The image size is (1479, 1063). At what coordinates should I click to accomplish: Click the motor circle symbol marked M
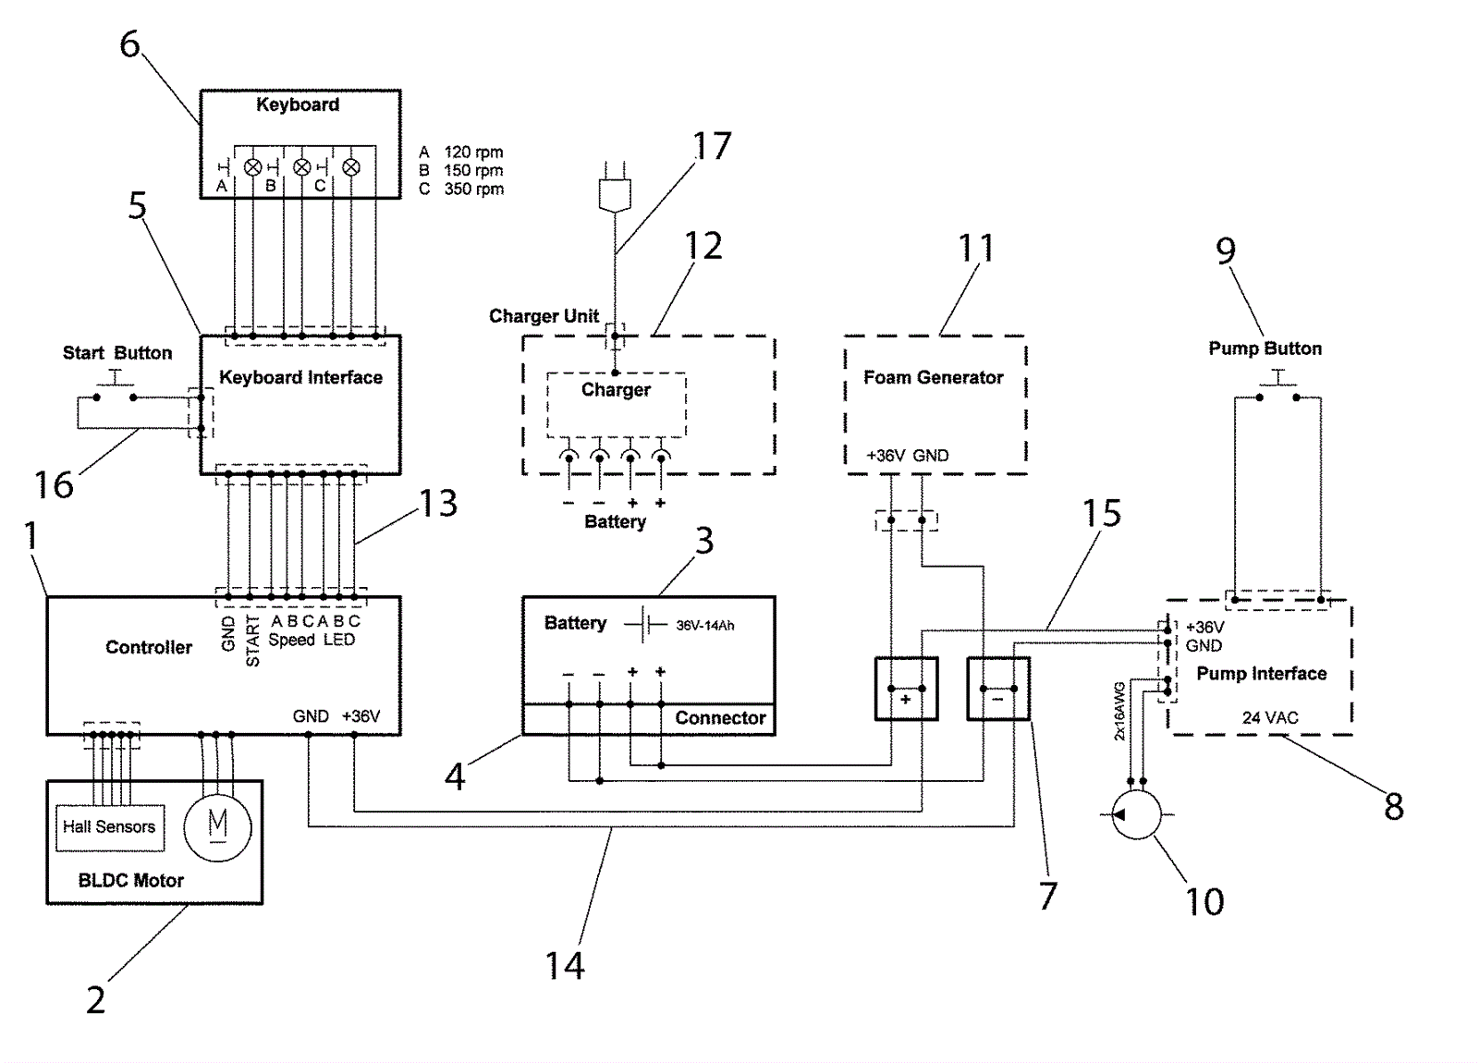pyautogui.click(x=217, y=825)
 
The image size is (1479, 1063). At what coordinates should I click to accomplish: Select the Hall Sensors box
pyautogui.click(x=109, y=827)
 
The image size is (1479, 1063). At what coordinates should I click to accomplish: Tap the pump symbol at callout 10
pyautogui.click(x=1136, y=814)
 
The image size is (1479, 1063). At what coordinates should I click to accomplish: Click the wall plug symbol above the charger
pyautogui.click(x=615, y=191)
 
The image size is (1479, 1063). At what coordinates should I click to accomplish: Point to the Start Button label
pyautogui.click(x=117, y=353)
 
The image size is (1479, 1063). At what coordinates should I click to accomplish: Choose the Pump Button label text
pyautogui.click(x=1265, y=348)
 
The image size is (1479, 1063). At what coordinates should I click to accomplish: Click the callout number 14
pyautogui.click(x=565, y=966)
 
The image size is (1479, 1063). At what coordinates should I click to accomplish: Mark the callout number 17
pyautogui.click(x=712, y=146)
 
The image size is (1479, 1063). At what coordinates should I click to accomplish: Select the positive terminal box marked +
pyautogui.click(x=906, y=690)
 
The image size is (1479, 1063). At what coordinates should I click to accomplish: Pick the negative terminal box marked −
pyautogui.click(x=998, y=690)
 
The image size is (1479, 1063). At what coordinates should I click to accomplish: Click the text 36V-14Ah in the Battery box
pyautogui.click(x=704, y=626)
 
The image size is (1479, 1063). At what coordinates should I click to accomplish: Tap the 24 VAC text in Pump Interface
pyautogui.click(x=1270, y=717)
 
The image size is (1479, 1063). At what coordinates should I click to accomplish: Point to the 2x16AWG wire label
pyautogui.click(x=1119, y=711)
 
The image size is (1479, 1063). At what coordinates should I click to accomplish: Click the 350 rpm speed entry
pyautogui.click(x=473, y=189)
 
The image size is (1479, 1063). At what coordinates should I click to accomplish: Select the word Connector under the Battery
pyautogui.click(x=720, y=718)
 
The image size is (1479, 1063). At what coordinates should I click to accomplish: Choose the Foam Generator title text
pyautogui.click(x=933, y=377)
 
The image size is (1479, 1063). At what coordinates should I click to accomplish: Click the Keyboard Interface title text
pyautogui.click(x=300, y=377)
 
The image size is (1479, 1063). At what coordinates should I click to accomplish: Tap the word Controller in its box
pyautogui.click(x=149, y=647)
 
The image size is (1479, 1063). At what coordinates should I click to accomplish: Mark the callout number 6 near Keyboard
pyautogui.click(x=130, y=44)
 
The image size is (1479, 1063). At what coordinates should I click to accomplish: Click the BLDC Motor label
pyautogui.click(x=130, y=881)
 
